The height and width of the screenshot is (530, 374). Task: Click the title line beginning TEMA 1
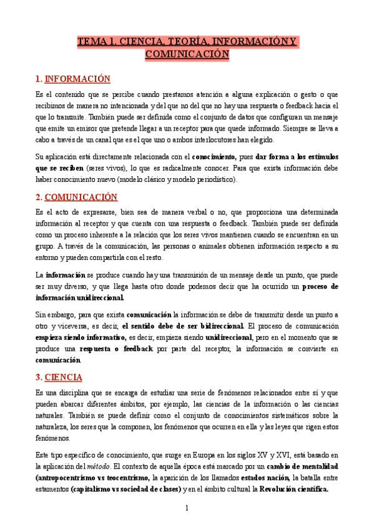pos(187,42)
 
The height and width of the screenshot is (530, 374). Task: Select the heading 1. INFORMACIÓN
pos(72,79)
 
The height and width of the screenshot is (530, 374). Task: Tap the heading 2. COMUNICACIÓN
pos(76,196)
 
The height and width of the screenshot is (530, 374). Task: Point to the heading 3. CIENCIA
pos(59,377)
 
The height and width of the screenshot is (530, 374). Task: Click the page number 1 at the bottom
pos(187,507)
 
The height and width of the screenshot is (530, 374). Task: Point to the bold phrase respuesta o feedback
pos(116,349)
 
